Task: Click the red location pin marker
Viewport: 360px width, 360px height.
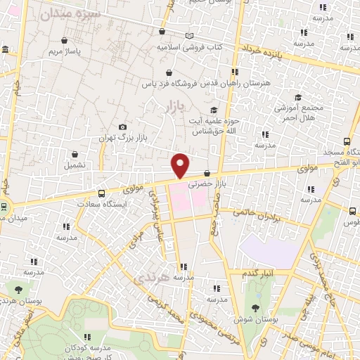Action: [x=181, y=165]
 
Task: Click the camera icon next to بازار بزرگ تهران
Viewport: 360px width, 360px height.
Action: [x=123, y=127]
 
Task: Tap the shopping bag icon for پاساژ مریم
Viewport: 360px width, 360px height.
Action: [x=64, y=40]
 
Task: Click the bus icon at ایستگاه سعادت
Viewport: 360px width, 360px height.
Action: [x=101, y=193]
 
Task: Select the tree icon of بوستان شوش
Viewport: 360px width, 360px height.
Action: [x=255, y=308]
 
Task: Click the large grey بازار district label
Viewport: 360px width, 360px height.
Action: [x=173, y=107]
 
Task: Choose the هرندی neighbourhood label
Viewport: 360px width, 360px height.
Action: [x=153, y=278]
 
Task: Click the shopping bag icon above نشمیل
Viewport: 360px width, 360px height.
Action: [x=75, y=154]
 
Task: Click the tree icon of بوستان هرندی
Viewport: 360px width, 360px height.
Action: [x=18, y=288]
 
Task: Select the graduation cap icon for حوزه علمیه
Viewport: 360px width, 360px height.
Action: [x=213, y=110]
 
